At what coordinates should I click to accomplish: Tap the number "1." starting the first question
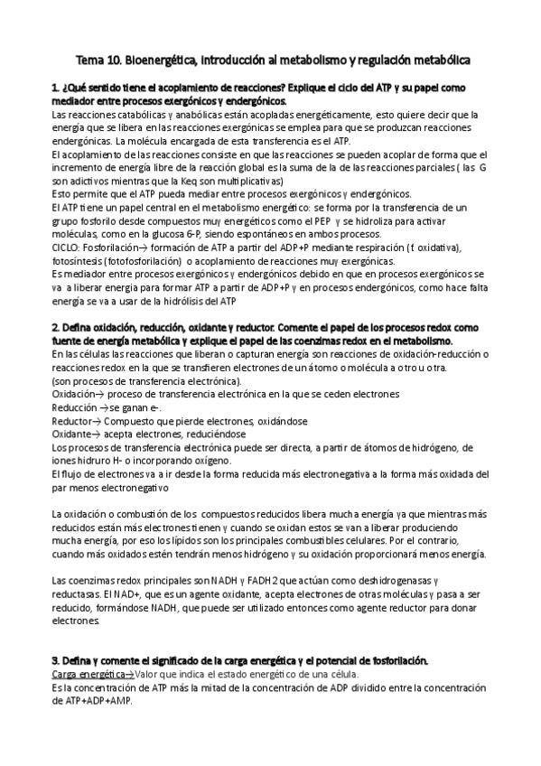point(56,88)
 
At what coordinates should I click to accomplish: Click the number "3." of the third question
point(56,660)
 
